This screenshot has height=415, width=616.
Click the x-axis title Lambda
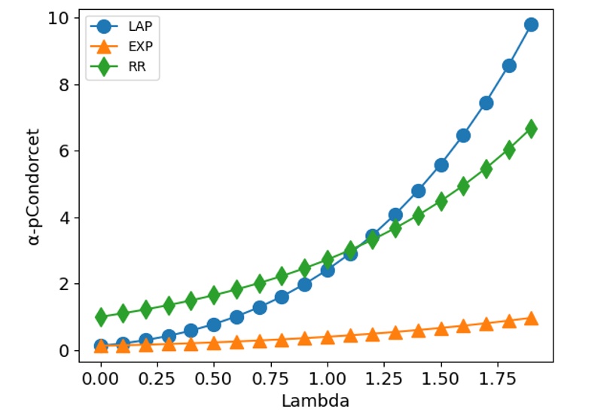pos(316,401)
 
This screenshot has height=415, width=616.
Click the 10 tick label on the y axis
pos(59,18)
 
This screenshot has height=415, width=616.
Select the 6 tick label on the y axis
pos(64,151)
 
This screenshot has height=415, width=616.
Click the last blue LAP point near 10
pos(531,25)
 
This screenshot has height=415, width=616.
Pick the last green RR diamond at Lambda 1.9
pos(531,129)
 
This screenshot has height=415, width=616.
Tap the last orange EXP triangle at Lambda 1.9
pos(531,319)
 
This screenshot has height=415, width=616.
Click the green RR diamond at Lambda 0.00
pos(101,317)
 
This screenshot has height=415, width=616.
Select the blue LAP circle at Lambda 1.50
pos(441,165)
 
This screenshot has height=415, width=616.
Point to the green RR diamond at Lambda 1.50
pos(441,201)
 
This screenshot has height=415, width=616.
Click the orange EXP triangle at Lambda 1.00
pos(328,337)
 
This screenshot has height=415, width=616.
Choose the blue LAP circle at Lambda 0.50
pos(214,325)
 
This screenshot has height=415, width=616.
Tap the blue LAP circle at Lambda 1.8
pos(509,66)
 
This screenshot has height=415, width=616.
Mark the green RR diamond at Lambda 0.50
pos(214,294)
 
